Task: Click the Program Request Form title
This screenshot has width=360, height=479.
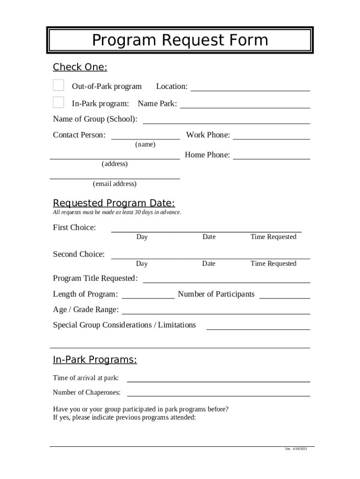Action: pyautogui.click(x=180, y=40)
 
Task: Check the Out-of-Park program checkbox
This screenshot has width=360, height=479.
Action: pyautogui.click(x=58, y=85)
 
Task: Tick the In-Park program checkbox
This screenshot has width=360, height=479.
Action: pyautogui.click(x=58, y=102)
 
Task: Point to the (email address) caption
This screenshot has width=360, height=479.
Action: pyautogui.click(x=115, y=184)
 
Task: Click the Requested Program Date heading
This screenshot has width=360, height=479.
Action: pyautogui.click(x=114, y=203)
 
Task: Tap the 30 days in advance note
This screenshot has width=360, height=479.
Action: pyautogui.click(x=117, y=212)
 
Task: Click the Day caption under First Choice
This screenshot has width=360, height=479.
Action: pyautogui.click(x=142, y=237)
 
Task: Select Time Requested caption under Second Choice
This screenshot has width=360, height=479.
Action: pyautogui.click(x=273, y=264)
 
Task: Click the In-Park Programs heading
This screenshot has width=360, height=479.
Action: pyautogui.click(x=95, y=360)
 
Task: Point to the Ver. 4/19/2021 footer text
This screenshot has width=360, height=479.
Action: pyautogui.click(x=296, y=449)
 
